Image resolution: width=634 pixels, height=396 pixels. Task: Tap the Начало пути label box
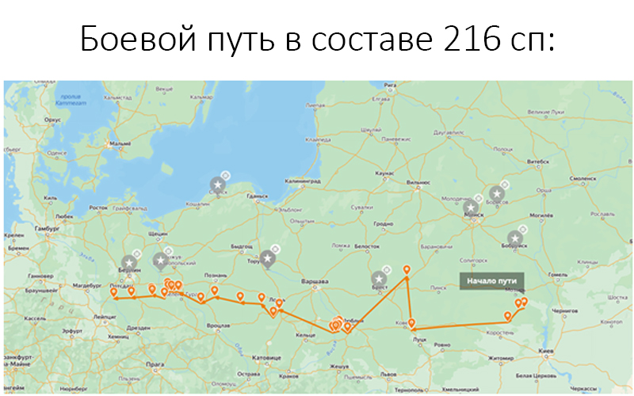491,280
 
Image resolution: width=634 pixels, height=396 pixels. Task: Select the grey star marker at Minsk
473,208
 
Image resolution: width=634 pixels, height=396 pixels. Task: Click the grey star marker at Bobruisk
516,238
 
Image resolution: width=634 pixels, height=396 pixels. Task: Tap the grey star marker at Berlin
131,263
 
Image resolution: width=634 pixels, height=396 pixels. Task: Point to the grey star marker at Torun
269,259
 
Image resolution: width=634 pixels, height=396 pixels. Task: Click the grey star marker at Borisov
497,193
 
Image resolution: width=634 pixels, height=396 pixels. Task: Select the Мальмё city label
120,143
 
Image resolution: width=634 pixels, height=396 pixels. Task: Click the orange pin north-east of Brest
407,271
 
